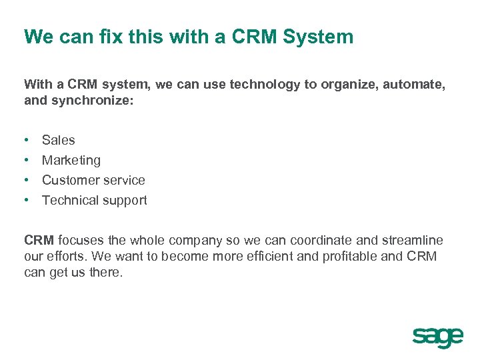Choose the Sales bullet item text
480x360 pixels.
[x=59, y=140]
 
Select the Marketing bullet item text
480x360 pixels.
[x=71, y=160]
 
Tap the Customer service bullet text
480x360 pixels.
[x=93, y=180]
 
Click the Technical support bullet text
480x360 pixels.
[x=94, y=200]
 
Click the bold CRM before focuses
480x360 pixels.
[x=39, y=240]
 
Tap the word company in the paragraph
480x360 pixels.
[x=198, y=240]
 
